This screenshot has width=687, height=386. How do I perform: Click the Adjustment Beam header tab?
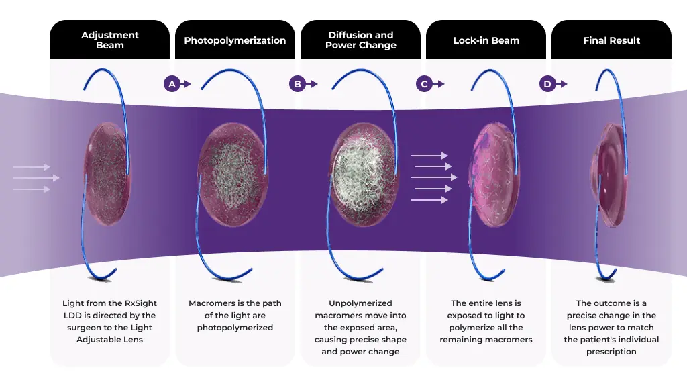coord(109,40)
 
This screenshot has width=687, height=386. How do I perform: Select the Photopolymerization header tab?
coord(235,40)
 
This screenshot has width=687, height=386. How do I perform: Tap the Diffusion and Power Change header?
coord(360,40)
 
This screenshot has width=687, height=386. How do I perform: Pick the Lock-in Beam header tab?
coord(486,40)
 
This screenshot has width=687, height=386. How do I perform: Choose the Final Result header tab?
coord(611,40)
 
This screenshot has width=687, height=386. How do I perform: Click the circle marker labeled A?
coord(172,84)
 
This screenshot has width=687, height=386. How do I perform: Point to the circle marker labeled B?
coord(297,84)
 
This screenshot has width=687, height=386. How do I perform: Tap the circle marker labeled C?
coord(423,84)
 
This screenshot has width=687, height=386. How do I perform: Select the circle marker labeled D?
coord(547,84)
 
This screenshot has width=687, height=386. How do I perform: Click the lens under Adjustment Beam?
coord(107,173)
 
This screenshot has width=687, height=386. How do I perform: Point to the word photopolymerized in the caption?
coord(235,328)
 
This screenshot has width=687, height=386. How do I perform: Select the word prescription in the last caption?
coord(611,352)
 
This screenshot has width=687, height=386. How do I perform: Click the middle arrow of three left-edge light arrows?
coord(36,178)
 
